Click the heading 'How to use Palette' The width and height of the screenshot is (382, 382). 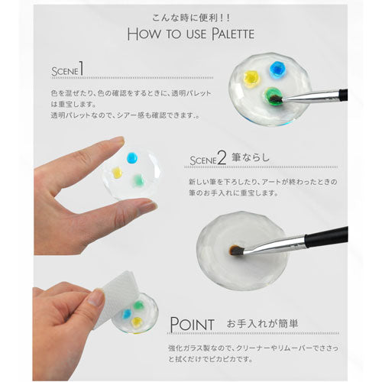191,34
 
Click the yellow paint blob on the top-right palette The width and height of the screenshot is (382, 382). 251,77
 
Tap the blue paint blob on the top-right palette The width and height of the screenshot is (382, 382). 276,70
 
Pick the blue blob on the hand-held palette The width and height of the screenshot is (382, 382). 131,157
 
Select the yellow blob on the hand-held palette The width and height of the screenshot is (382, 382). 117,173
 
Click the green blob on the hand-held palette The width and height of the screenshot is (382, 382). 138,180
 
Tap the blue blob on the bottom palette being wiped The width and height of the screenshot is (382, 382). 125,313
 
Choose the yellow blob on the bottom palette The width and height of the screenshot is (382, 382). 138,322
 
